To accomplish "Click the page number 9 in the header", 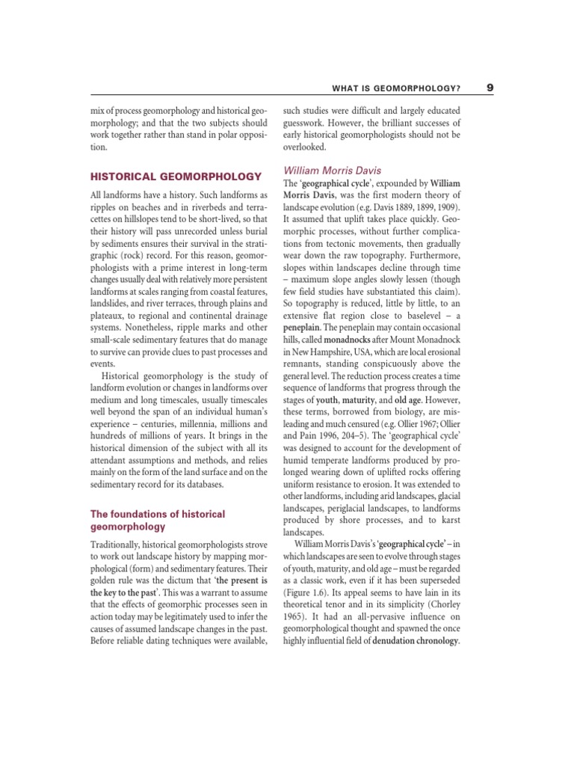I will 489,88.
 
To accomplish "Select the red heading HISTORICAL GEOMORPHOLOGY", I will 176,177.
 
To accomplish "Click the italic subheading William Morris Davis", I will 331,171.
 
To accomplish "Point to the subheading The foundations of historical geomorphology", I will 157,520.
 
